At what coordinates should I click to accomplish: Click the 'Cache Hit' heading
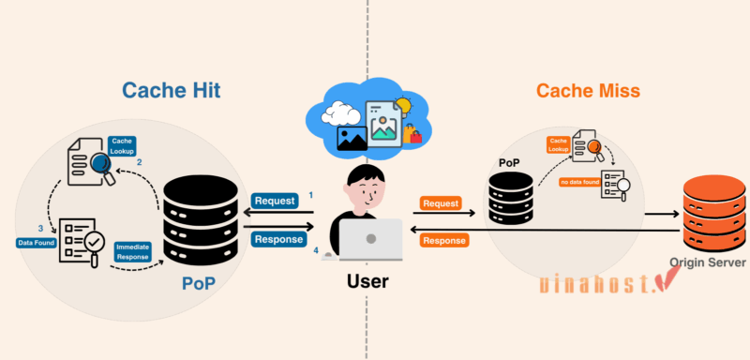[x=176, y=91]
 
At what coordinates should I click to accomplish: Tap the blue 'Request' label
[x=277, y=201]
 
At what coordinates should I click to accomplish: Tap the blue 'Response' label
[x=278, y=239]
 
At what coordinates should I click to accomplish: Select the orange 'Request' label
[x=441, y=202]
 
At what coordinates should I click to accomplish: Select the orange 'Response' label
[x=444, y=241]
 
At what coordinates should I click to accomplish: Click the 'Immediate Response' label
[x=132, y=250]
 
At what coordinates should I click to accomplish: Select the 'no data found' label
[x=578, y=181]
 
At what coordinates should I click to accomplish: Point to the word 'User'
[x=367, y=280]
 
